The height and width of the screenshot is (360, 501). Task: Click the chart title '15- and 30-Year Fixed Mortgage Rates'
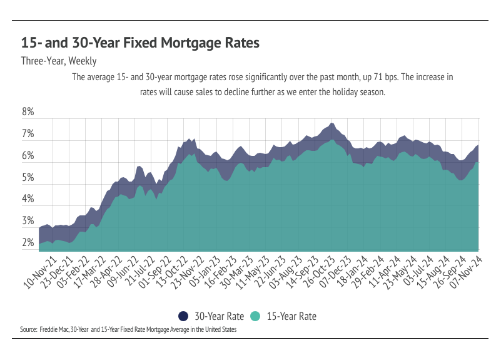click(x=140, y=43)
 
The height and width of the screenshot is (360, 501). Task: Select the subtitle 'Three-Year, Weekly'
click(x=59, y=61)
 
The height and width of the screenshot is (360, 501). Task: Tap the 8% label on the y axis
click(x=28, y=113)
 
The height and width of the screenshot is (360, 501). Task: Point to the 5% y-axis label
click(x=28, y=178)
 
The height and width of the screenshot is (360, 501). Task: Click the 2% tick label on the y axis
click(x=28, y=243)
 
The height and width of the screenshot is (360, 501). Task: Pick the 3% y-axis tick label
click(x=28, y=221)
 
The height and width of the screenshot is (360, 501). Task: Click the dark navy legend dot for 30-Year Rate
click(x=183, y=316)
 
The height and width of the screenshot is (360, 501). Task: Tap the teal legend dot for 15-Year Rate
click(x=255, y=316)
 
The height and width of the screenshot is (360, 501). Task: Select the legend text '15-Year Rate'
click(x=291, y=316)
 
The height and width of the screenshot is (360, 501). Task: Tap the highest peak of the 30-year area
click(x=331, y=124)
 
